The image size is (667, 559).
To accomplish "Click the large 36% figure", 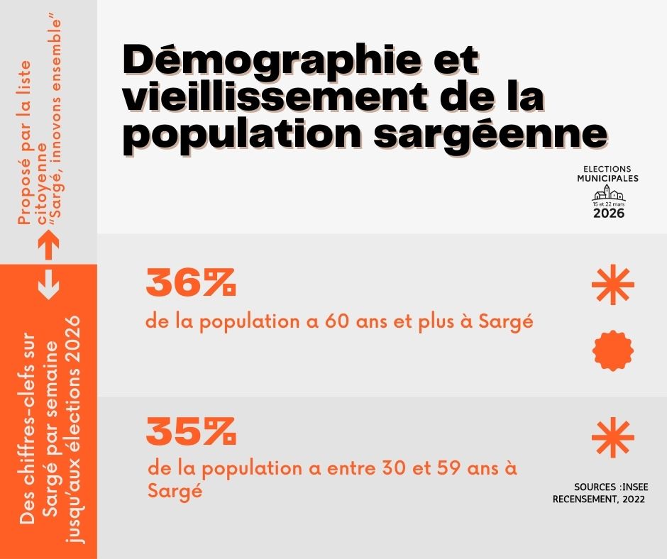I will (x=190, y=283).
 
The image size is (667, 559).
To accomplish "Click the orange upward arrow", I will (x=48, y=246).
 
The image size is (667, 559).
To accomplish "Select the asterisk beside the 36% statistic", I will (x=613, y=285).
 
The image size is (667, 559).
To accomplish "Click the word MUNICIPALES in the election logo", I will (x=607, y=179).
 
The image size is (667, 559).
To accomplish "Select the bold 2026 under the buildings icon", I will (x=609, y=213).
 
